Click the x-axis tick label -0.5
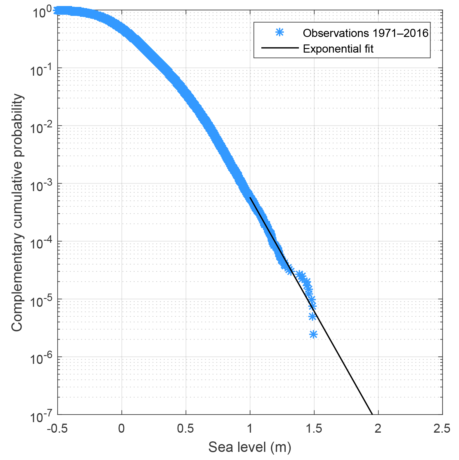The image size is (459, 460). click(57, 429)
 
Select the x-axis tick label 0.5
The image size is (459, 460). click(186, 429)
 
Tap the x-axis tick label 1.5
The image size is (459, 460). click(314, 429)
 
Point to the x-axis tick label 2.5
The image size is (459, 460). click(442, 429)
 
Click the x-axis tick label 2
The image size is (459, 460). click(378, 429)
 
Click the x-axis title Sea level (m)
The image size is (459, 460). click(250, 447)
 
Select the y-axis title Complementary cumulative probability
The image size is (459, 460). click(17, 212)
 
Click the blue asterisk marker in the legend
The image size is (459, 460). click(280, 32)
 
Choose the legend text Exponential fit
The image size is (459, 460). click(338, 49)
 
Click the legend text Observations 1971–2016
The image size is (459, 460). click(365, 33)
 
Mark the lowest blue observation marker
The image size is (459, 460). click(313, 334)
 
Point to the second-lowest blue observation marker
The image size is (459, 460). click(312, 317)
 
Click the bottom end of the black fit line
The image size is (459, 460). click(372, 414)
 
